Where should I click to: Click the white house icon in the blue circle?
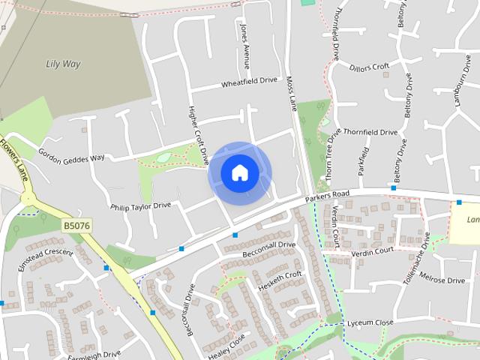click(239, 172)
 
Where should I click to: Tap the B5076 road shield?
click(76, 224)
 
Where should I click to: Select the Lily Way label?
click(63, 64)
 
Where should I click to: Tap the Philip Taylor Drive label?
click(140, 205)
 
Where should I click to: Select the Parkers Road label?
click(328, 198)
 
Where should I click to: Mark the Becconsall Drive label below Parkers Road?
click(268, 250)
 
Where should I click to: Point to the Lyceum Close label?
click(370, 322)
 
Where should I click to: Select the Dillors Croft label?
click(370, 67)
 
